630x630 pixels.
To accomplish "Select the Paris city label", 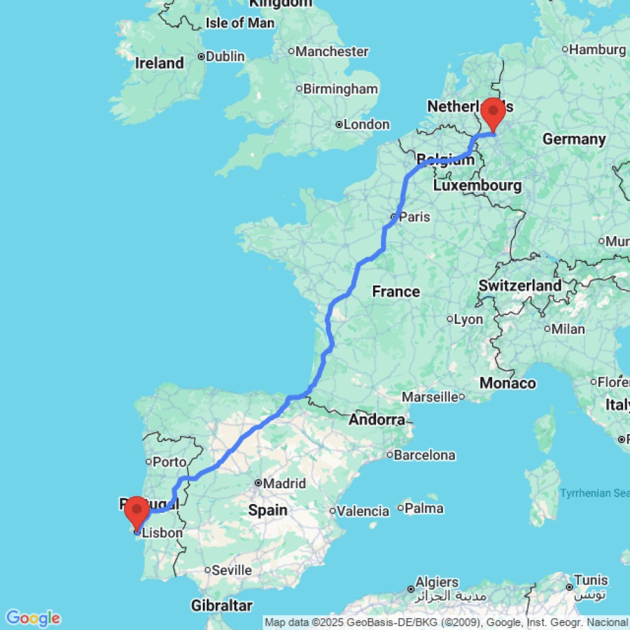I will pos(414,217).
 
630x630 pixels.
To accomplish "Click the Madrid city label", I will pos(285,484).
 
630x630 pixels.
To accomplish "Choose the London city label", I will pos(367,125).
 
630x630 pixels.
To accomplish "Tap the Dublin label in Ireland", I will pos(225,57).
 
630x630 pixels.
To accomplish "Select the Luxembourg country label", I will pos(478,186).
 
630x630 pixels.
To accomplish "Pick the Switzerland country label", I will pos(520,285).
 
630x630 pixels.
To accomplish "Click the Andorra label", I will pos(377,420).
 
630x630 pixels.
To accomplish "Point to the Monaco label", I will pos(508,383).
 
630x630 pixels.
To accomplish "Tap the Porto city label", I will pos(169,462).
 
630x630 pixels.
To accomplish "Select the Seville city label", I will pos(231,571).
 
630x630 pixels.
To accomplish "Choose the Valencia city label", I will pos(363,511).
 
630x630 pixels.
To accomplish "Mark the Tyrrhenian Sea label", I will pos(594,493).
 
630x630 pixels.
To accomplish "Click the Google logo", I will pos(33,618).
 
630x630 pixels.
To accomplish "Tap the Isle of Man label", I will pos(240,23).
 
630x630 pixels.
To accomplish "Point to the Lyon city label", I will pos(468,319).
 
